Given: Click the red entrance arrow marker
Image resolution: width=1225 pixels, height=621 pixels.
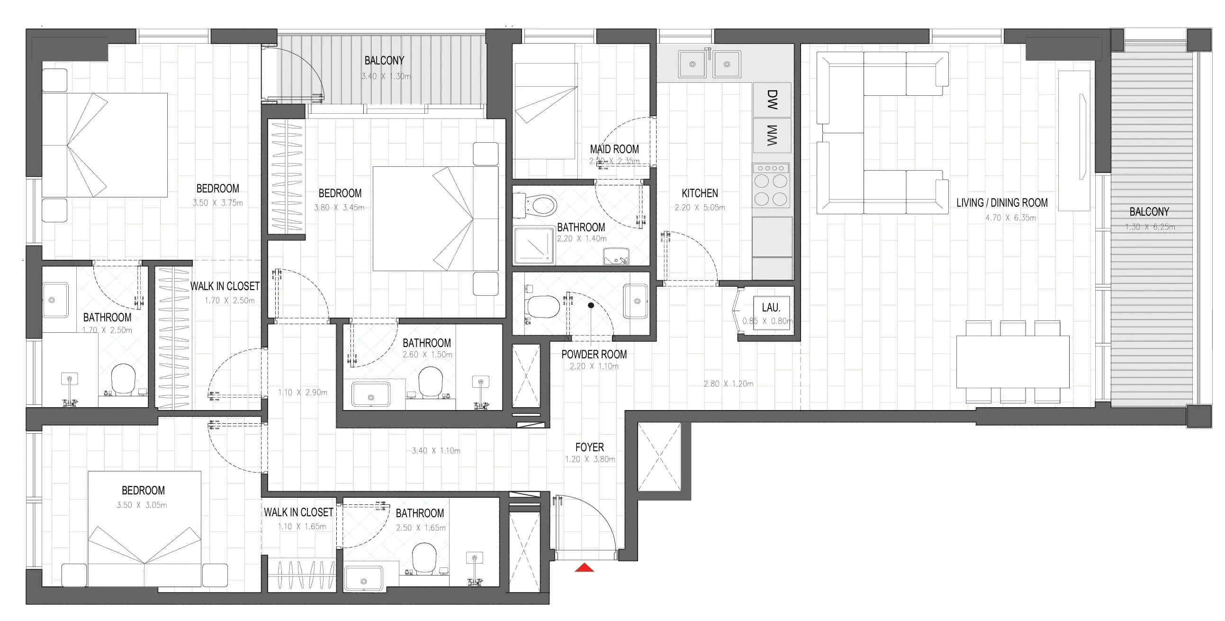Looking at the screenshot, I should pos(585,567).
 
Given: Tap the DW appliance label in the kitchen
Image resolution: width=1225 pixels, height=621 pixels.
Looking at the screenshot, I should pos(772,100).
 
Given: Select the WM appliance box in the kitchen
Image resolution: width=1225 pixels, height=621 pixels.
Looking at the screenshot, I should pos(772,136).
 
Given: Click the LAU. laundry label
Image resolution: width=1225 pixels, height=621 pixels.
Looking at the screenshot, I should pos(771,308).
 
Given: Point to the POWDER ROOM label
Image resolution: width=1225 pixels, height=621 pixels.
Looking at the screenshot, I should pos(594,355).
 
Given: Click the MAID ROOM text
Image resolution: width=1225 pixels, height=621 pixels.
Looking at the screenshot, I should pos(614,149).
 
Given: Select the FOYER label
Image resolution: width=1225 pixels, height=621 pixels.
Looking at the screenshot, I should pos(590,447).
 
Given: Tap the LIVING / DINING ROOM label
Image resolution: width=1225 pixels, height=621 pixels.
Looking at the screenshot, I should pos(1002,203).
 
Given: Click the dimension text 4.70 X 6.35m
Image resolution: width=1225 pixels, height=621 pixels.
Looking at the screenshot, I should pos(1010,218).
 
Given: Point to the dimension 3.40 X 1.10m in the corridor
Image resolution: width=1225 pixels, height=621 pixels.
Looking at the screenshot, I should pos(436,451).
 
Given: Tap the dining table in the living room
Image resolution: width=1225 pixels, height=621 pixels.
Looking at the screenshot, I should pos(1013,362).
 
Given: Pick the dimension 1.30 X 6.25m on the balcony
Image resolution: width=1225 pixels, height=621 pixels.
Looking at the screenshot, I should pos(1150,227).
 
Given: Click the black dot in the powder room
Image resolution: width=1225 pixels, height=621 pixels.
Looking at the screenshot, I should pos(591,305).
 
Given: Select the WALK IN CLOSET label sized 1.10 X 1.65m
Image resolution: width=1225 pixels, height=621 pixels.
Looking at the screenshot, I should pos(298,512).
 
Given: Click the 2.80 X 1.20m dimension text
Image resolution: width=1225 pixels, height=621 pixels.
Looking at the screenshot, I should pos(729,384).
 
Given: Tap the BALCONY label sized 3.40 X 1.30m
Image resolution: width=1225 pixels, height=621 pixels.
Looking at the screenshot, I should pos(384,61).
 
